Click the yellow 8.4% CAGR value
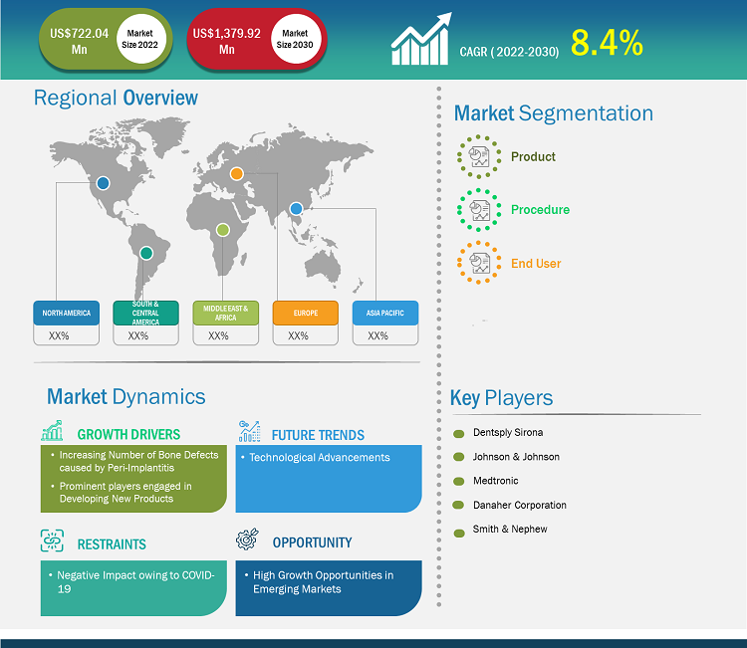coord(607,43)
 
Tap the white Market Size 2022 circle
coord(140,39)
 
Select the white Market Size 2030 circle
coord(296,39)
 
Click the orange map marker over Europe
coord(237,174)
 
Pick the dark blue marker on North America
coord(103,183)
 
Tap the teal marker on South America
coord(146,253)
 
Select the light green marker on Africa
coord(222,230)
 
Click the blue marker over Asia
coord(296,209)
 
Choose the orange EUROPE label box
coord(306,313)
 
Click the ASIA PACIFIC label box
coord(384,313)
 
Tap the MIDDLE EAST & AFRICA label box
coord(226,313)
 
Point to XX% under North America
coord(59,335)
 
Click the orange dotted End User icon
coord(479,263)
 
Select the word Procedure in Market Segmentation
coord(540,209)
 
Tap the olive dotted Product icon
coord(479,156)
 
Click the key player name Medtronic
coord(495,481)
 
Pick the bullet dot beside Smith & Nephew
coord(459,533)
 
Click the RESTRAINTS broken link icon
coord(52,540)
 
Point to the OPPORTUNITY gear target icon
coord(247,539)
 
